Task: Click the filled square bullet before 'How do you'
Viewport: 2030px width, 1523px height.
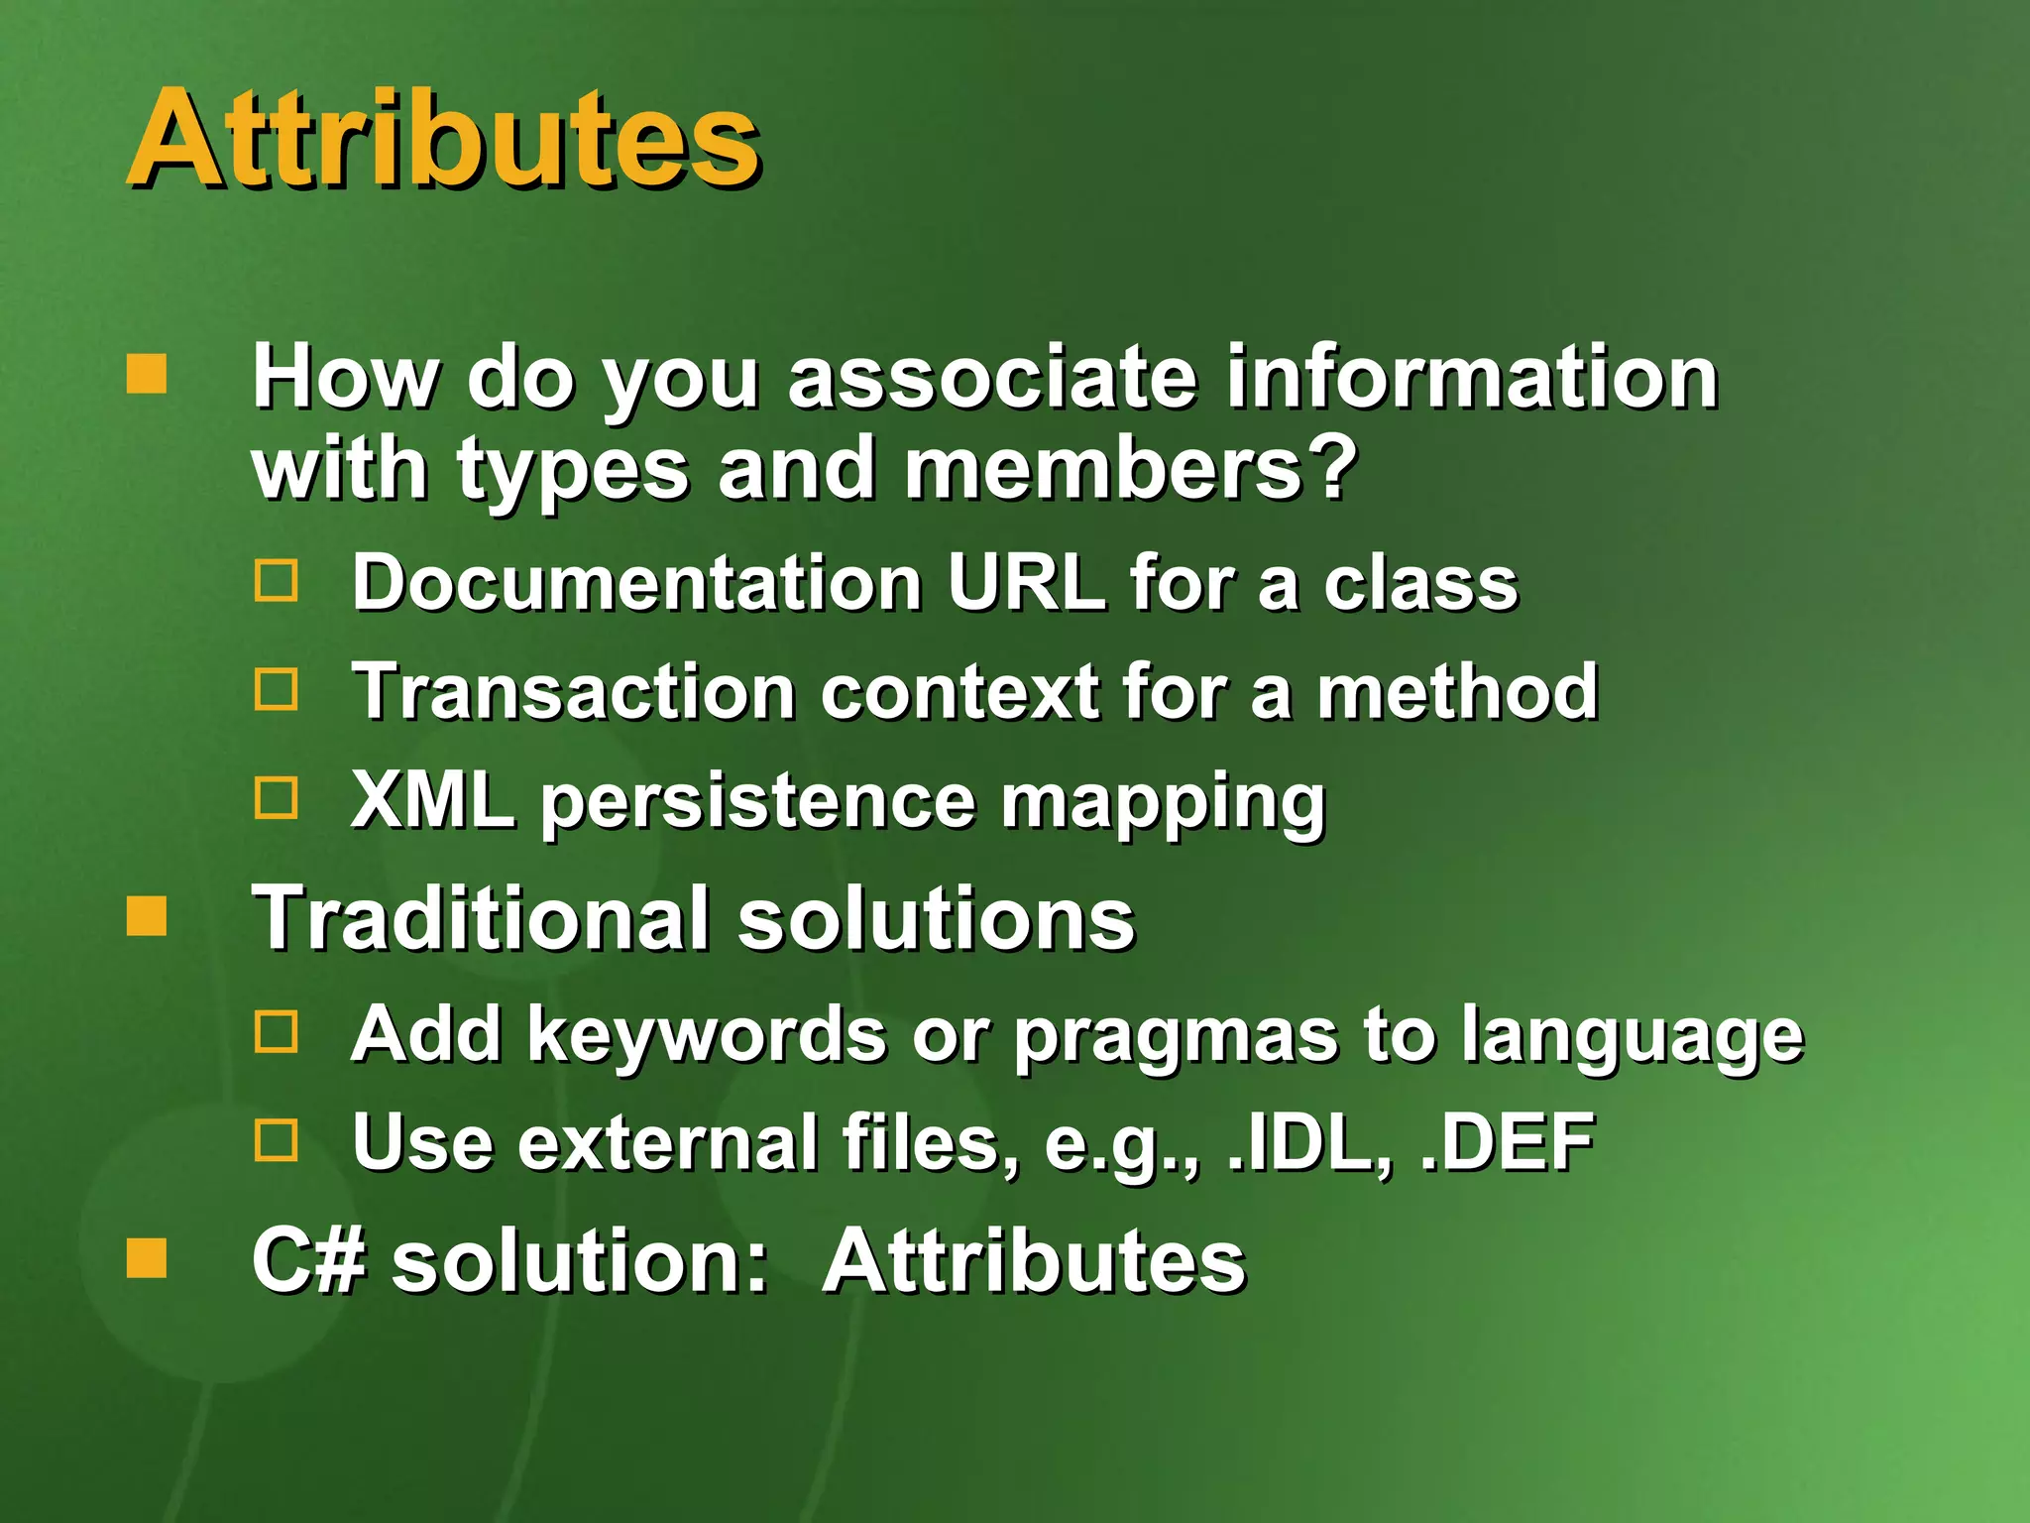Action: coord(147,375)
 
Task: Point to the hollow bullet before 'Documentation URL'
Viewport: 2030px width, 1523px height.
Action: coord(276,580)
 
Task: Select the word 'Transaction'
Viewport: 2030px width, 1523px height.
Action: coord(574,691)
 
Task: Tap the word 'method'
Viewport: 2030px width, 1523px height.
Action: coord(1457,691)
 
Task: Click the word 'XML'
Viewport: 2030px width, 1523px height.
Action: coord(433,799)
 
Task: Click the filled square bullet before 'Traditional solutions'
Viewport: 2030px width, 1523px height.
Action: coord(147,916)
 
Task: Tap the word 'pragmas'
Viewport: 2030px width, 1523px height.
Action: coord(1175,1036)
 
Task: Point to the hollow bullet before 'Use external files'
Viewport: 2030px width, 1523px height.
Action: coord(276,1140)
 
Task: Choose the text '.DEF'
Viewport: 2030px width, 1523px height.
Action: coord(1507,1142)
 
